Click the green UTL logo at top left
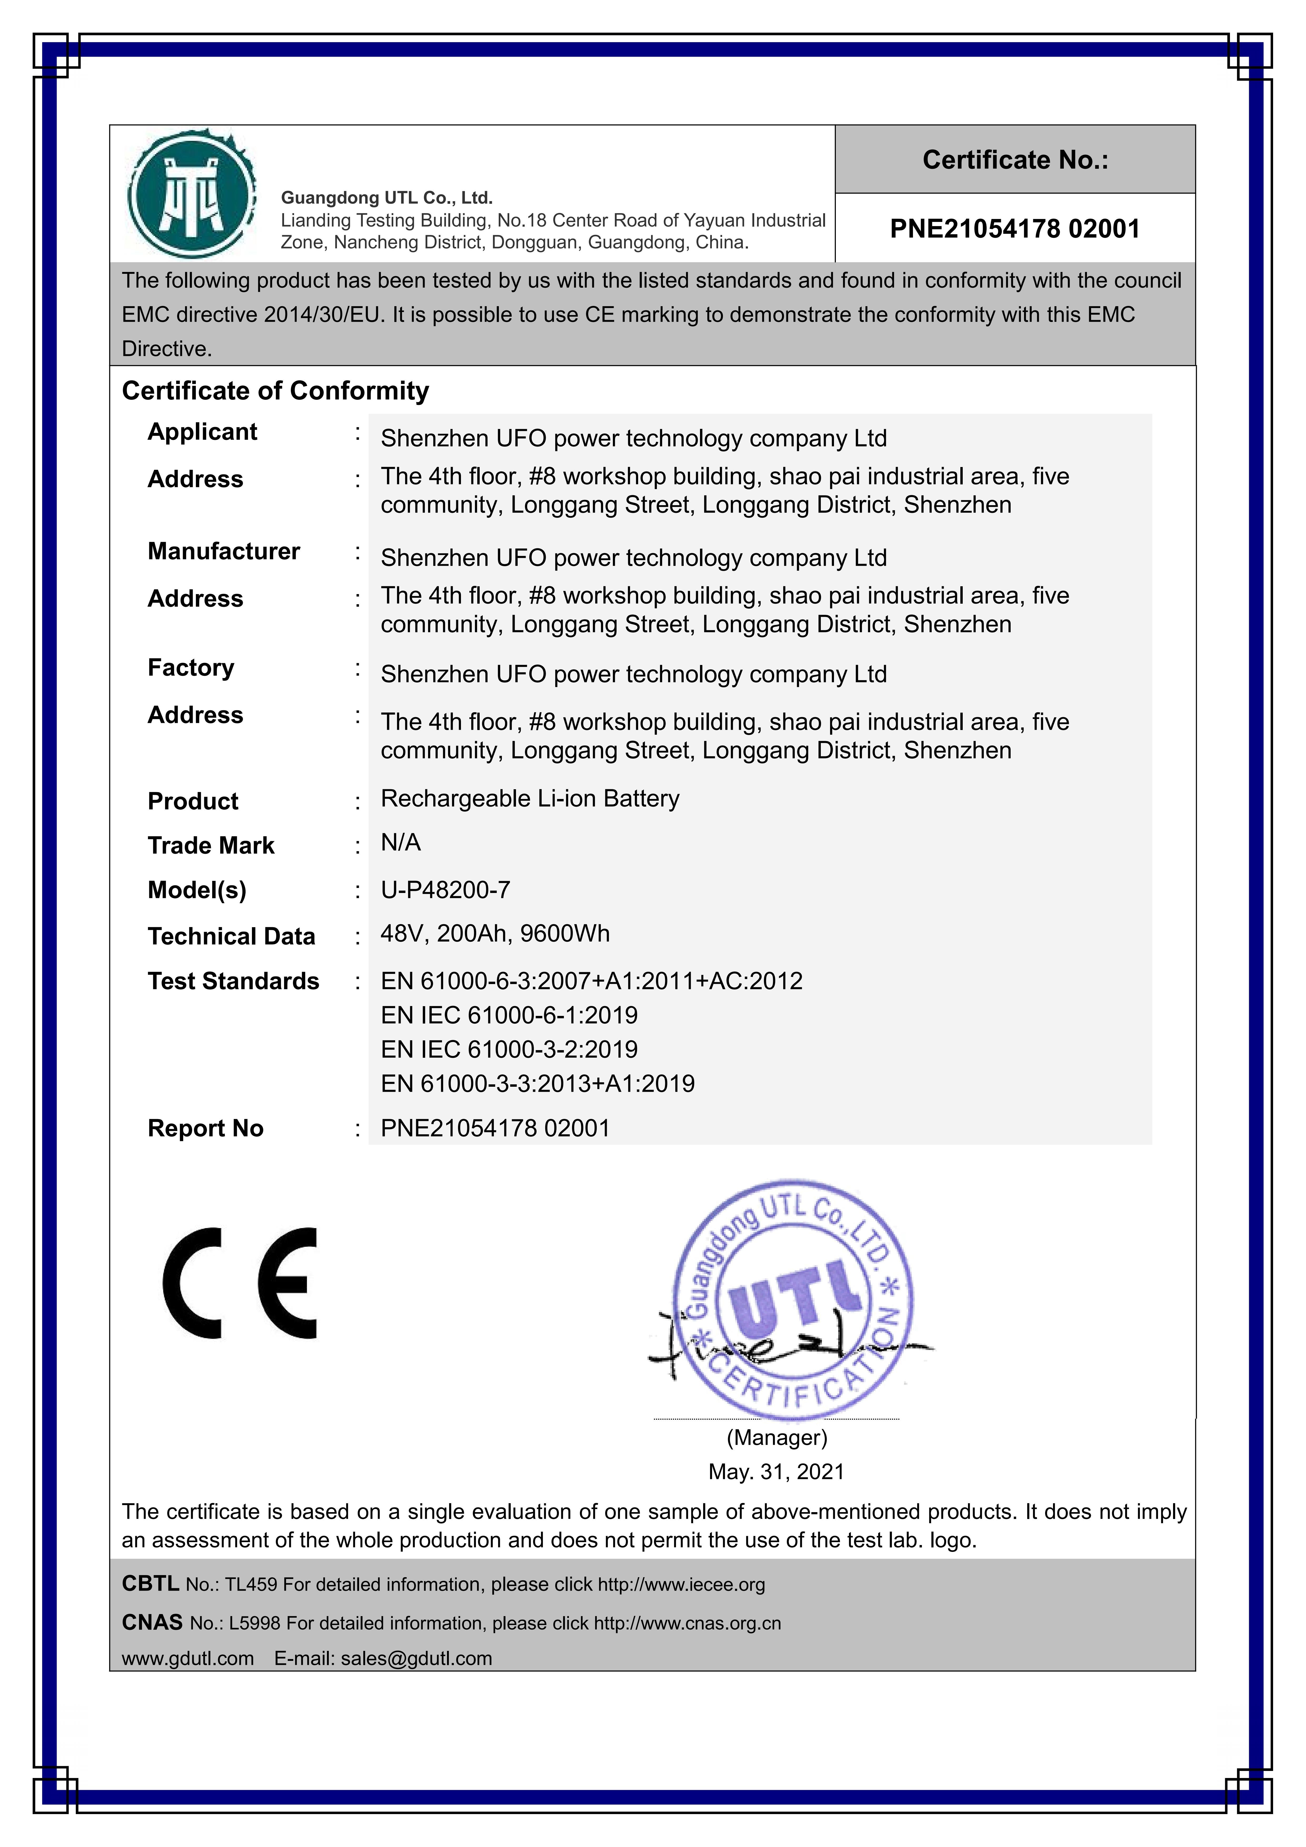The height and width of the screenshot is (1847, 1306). (x=191, y=194)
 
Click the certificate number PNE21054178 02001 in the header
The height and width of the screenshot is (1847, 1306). (x=1015, y=229)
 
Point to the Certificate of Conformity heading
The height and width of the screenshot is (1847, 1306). (x=275, y=391)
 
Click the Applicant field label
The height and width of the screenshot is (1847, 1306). (x=202, y=432)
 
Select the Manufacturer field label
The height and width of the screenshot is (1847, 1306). (x=224, y=551)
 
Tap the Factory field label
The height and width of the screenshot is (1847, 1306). (x=191, y=668)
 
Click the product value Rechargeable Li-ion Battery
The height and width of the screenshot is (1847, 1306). (x=529, y=799)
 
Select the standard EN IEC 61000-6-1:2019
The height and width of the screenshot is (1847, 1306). (x=509, y=1015)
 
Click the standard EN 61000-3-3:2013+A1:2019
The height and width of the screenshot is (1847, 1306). (x=538, y=1084)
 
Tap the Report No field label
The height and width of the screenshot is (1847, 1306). (x=205, y=1129)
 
